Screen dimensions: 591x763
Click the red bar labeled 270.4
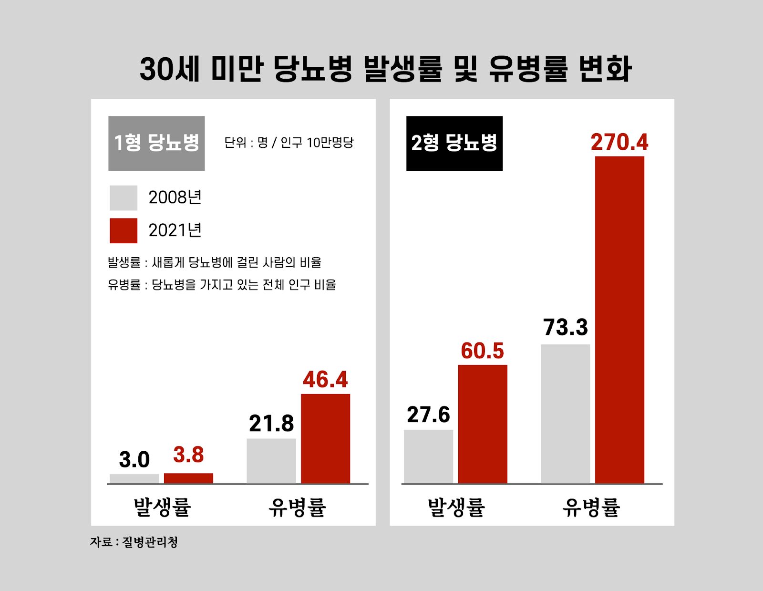(619, 320)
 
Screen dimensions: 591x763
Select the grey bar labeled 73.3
(565, 414)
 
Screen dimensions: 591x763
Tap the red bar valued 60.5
(483, 424)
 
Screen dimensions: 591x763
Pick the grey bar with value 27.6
(428, 456)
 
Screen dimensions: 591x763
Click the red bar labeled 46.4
(325, 438)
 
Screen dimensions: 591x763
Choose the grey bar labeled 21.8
(271, 461)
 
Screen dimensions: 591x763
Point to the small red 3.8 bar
(188, 478)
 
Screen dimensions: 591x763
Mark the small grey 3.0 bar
(134, 478)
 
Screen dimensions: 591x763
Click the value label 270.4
(619, 142)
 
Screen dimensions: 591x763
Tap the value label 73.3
(566, 327)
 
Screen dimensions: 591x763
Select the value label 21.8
(271, 424)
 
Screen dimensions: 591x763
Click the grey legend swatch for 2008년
(124, 198)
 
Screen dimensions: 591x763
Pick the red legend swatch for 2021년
(124, 231)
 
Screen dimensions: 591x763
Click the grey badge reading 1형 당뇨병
(156, 143)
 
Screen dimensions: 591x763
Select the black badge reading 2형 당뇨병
(454, 143)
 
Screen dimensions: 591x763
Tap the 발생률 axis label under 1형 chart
(162, 507)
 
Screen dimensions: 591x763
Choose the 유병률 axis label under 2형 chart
(591, 507)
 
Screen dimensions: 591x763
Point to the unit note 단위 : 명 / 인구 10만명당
(289, 143)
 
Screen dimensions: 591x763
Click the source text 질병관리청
(150, 542)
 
